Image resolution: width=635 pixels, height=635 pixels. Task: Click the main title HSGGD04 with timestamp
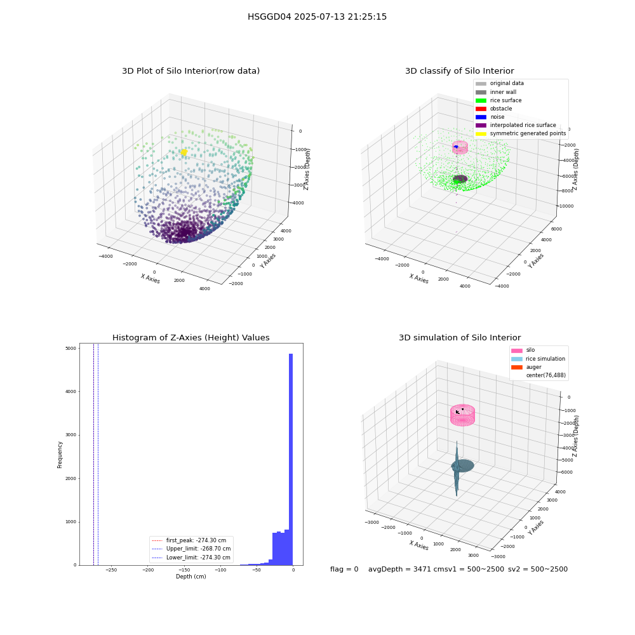[317, 17]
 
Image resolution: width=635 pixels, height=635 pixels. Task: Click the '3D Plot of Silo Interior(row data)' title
[190, 71]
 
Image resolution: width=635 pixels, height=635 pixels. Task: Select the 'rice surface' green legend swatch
[481, 100]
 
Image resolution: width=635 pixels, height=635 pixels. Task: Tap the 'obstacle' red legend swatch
[481, 109]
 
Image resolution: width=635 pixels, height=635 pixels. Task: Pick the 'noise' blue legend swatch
[481, 117]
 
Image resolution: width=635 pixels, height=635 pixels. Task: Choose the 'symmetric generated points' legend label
[528, 133]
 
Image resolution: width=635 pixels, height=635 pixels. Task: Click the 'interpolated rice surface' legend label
[523, 125]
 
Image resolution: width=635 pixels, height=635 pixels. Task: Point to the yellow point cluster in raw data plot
[184, 152]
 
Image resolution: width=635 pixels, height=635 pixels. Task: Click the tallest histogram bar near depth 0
[291, 459]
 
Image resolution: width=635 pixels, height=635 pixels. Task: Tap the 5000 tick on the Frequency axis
[71, 348]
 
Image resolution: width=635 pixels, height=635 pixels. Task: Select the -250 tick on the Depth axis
[111, 570]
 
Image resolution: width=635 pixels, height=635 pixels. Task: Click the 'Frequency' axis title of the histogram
[60, 455]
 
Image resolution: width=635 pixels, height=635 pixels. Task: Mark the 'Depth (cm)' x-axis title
[190, 577]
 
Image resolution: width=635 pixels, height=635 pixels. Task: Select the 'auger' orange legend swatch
[517, 367]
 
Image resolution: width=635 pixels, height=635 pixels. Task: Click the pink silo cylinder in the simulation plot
[462, 415]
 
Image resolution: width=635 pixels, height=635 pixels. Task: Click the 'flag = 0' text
[344, 569]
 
